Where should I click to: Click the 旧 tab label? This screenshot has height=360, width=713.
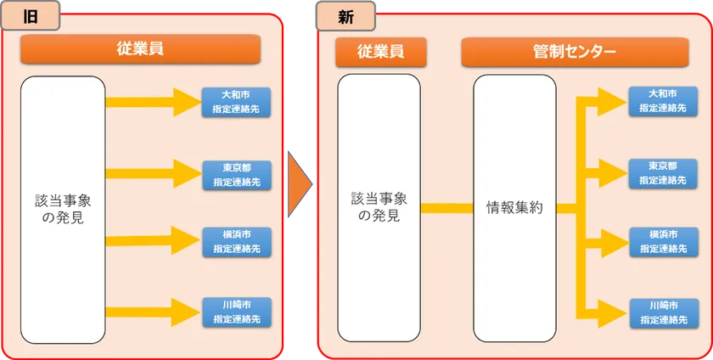[x=30, y=15]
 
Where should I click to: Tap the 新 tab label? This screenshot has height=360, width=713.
[x=345, y=16]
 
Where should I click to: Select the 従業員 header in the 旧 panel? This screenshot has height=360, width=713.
[x=140, y=49]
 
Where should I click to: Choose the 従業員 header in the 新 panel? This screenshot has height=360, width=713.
[x=381, y=52]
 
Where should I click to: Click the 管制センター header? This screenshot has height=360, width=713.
[x=575, y=52]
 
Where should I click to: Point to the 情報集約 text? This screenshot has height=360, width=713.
[x=514, y=208]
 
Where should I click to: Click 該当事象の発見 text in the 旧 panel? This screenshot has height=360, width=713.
[x=63, y=210]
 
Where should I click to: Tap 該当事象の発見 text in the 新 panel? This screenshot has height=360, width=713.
[x=379, y=206]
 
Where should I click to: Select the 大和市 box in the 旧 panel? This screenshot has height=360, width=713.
[x=237, y=102]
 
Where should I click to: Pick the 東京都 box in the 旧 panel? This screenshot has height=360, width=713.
[x=237, y=175]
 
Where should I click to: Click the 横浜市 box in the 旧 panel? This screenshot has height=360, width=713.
[x=237, y=242]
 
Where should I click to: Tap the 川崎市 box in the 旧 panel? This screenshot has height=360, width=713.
[x=237, y=312]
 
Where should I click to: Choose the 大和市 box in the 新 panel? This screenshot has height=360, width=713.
[x=663, y=101]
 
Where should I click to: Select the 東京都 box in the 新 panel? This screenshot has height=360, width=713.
[x=663, y=173]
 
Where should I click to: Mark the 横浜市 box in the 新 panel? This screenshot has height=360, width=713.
[x=663, y=242]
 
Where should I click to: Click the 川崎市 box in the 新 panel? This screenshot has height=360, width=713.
[x=663, y=312]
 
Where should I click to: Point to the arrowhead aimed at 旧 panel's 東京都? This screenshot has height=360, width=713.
[x=188, y=173]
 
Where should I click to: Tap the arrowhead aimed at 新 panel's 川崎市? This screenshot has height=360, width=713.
[x=613, y=313]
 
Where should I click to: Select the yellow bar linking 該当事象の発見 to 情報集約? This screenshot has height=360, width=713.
[x=446, y=208]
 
